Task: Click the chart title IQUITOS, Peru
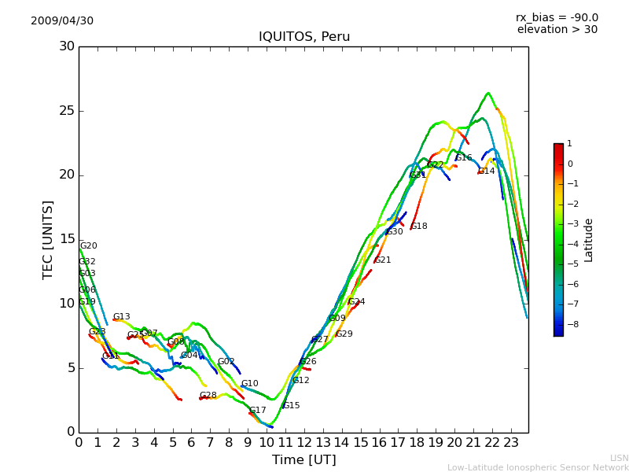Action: pyautogui.click(x=304, y=37)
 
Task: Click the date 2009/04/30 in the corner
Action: pyautogui.click(x=62, y=21)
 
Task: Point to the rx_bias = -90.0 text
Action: pyautogui.click(x=557, y=17)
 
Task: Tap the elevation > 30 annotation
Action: pyautogui.click(x=557, y=30)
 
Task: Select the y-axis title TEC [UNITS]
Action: pyautogui.click(x=49, y=239)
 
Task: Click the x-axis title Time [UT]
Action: pyautogui.click(x=303, y=460)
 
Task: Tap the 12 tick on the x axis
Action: pyautogui.click(x=304, y=443)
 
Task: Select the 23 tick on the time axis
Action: pyautogui.click(x=511, y=443)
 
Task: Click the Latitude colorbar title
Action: pyautogui.click(x=589, y=240)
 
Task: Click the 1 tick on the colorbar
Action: pyautogui.click(x=569, y=144)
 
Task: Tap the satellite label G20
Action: pyautogui.click(x=88, y=246)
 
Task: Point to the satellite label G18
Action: pyautogui.click(x=419, y=227)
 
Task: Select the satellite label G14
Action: pyautogui.click(x=487, y=171)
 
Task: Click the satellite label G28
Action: pyautogui.click(x=208, y=396)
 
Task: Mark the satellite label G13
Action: pyautogui.click(x=121, y=317)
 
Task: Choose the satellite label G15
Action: pyautogui.click(x=291, y=406)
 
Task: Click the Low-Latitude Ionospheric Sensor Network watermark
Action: pyautogui.click(x=538, y=468)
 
